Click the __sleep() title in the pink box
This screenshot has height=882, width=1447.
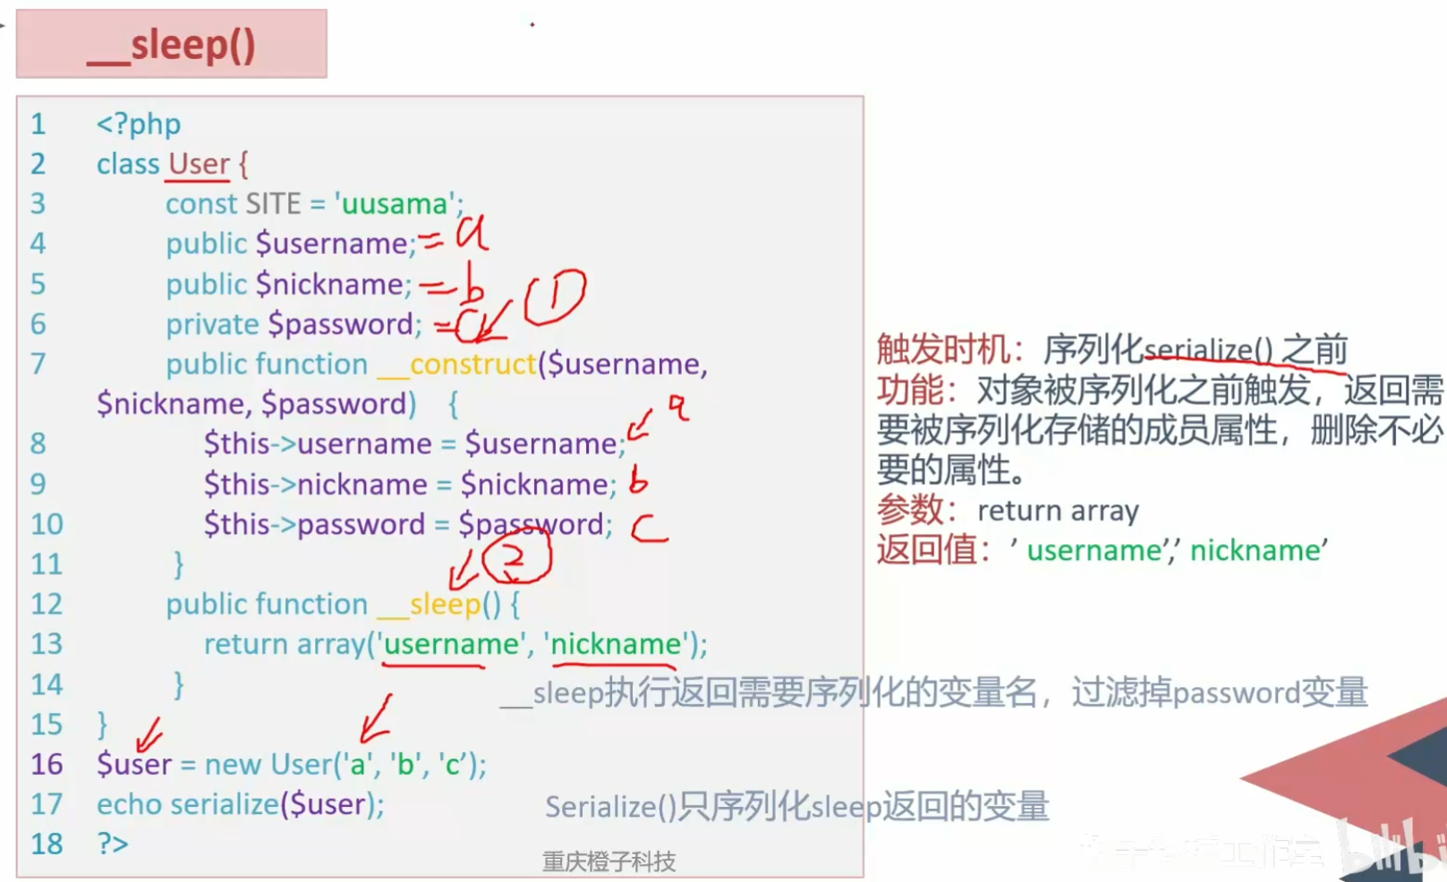(x=171, y=46)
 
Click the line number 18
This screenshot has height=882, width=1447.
(x=47, y=844)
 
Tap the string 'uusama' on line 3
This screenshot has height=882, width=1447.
(x=395, y=204)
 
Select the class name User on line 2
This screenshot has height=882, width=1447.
(x=199, y=165)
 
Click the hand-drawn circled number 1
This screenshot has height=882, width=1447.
(x=555, y=297)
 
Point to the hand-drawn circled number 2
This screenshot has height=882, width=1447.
(x=516, y=556)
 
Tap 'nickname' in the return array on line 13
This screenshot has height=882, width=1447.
(x=616, y=644)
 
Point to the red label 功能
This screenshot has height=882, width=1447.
(x=911, y=390)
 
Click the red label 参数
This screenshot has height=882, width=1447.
(x=911, y=510)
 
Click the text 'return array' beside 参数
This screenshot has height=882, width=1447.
(x=1058, y=511)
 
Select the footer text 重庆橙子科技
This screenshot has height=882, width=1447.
(x=609, y=861)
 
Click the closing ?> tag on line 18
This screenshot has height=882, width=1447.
(x=113, y=844)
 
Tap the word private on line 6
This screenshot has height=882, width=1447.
(x=212, y=324)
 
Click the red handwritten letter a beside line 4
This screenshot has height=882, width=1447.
(x=472, y=233)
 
